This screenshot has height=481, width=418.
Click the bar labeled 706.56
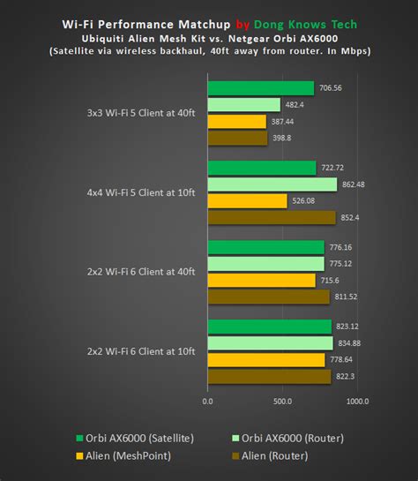tap(260, 88)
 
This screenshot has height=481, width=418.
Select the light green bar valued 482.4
tap(243, 105)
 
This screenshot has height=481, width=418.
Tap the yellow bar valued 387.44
tap(236, 122)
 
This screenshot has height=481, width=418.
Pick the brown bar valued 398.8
tap(237, 138)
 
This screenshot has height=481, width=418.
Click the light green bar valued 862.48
tap(272, 184)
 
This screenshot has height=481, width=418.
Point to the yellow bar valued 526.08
tap(247, 201)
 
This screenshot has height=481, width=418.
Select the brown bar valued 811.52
tap(268, 297)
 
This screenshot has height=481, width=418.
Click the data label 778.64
tap(344, 360)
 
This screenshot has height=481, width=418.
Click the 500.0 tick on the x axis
tap(282, 401)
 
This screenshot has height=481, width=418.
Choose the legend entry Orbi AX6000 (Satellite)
tap(134, 439)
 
